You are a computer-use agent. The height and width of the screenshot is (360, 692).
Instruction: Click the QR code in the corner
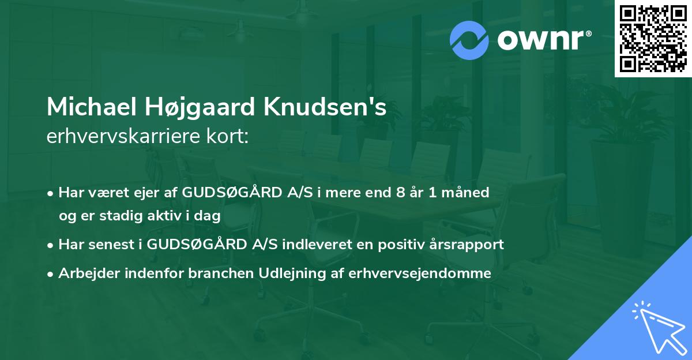coord(653,39)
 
